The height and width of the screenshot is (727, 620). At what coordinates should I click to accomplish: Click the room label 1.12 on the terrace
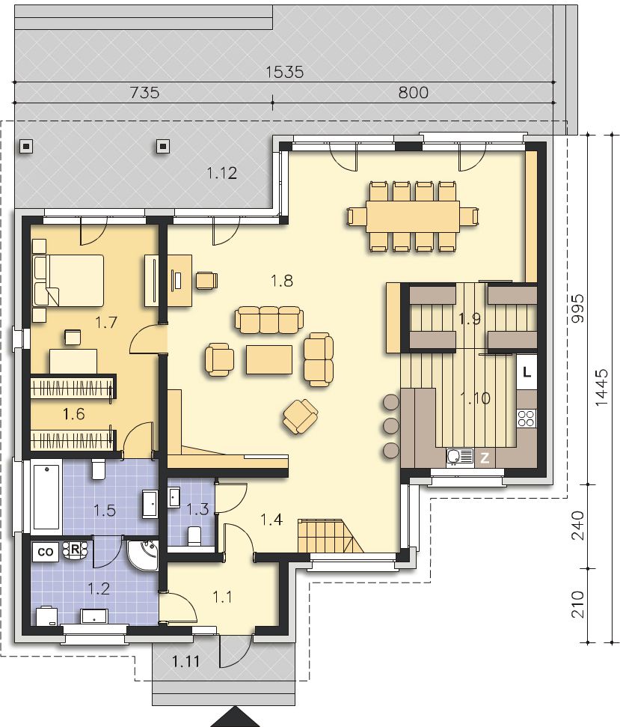coord(222,174)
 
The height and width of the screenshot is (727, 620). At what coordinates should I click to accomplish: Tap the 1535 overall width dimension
coord(285,72)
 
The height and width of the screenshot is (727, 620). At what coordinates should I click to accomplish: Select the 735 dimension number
coord(145,93)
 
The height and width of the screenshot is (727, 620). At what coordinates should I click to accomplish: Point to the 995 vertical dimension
coord(578,308)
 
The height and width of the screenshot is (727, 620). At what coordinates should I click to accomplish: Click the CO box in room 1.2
coord(46,552)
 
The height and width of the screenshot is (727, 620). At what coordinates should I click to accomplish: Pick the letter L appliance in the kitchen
coord(527,372)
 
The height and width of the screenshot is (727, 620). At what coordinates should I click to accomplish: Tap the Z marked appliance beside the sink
coord(485,458)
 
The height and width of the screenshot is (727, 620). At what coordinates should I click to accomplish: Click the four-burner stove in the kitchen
coord(527,418)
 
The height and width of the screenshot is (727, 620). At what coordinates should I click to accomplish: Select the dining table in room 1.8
coord(413,216)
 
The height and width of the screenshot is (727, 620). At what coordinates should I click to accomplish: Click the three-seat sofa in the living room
coord(269,320)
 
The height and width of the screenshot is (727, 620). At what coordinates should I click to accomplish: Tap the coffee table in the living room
coord(269,359)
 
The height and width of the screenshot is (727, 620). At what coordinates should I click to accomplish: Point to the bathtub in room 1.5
coord(47,496)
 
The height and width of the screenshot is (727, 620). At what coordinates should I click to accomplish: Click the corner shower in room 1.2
coord(144,555)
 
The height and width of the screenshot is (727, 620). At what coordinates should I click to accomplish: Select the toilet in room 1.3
coord(194,535)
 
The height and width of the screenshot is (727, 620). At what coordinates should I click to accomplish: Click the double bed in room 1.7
coord(68,281)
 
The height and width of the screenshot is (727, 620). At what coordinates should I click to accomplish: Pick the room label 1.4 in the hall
coord(271,520)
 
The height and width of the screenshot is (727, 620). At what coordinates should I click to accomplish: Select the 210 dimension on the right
coord(578,604)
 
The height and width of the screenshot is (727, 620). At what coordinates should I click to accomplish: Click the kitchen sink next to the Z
coord(460,457)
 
